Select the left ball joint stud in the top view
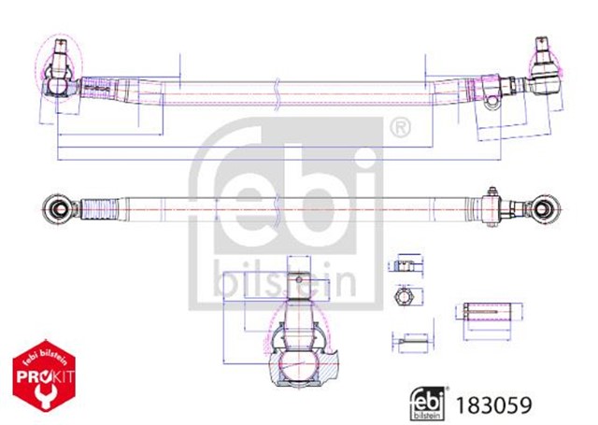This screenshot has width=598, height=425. pyautogui.click(x=59, y=56)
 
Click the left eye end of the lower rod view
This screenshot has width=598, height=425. pyautogui.click(x=58, y=207)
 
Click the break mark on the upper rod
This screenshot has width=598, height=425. pyautogui.click(x=277, y=92)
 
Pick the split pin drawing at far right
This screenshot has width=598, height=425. pyautogui.click(x=484, y=310)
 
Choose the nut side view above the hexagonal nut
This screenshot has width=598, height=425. pyautogui.click(x=406, y=265)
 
